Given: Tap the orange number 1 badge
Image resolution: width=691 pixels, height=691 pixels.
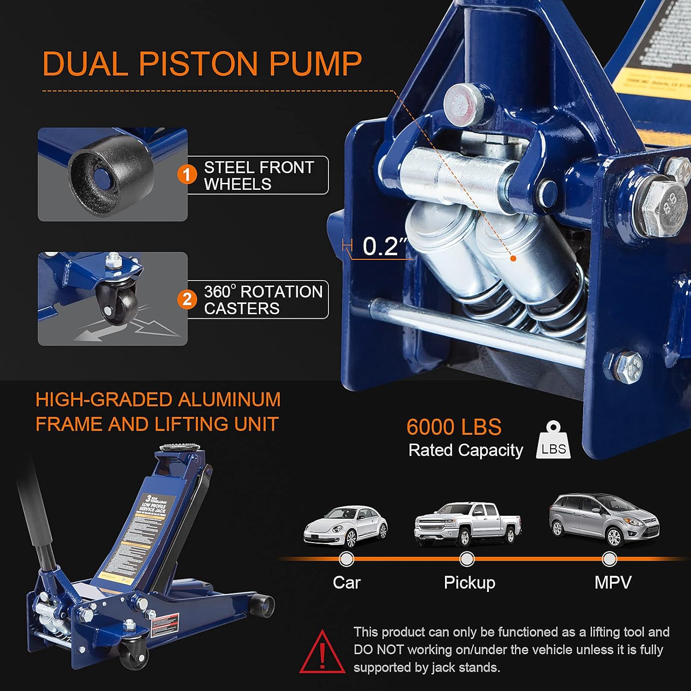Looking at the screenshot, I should point(187,175).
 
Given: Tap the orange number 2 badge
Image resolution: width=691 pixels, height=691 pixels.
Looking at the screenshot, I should point(187,299).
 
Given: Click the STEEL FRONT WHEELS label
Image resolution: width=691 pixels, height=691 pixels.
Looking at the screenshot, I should point(258,176).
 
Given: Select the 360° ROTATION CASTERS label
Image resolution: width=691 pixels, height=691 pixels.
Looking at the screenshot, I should point(263,300).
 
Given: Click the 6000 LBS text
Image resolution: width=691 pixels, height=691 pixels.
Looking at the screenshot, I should point(454,427).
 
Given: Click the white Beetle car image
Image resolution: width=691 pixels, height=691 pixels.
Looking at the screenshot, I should point(345,526).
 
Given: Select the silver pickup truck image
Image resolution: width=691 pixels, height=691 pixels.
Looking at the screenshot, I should point(467,523).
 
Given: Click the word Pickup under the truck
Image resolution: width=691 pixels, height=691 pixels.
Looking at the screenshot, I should point(469,583).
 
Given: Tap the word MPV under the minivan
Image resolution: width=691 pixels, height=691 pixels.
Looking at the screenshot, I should point(613,583).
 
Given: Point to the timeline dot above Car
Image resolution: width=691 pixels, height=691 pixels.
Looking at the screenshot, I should point(346,559).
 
